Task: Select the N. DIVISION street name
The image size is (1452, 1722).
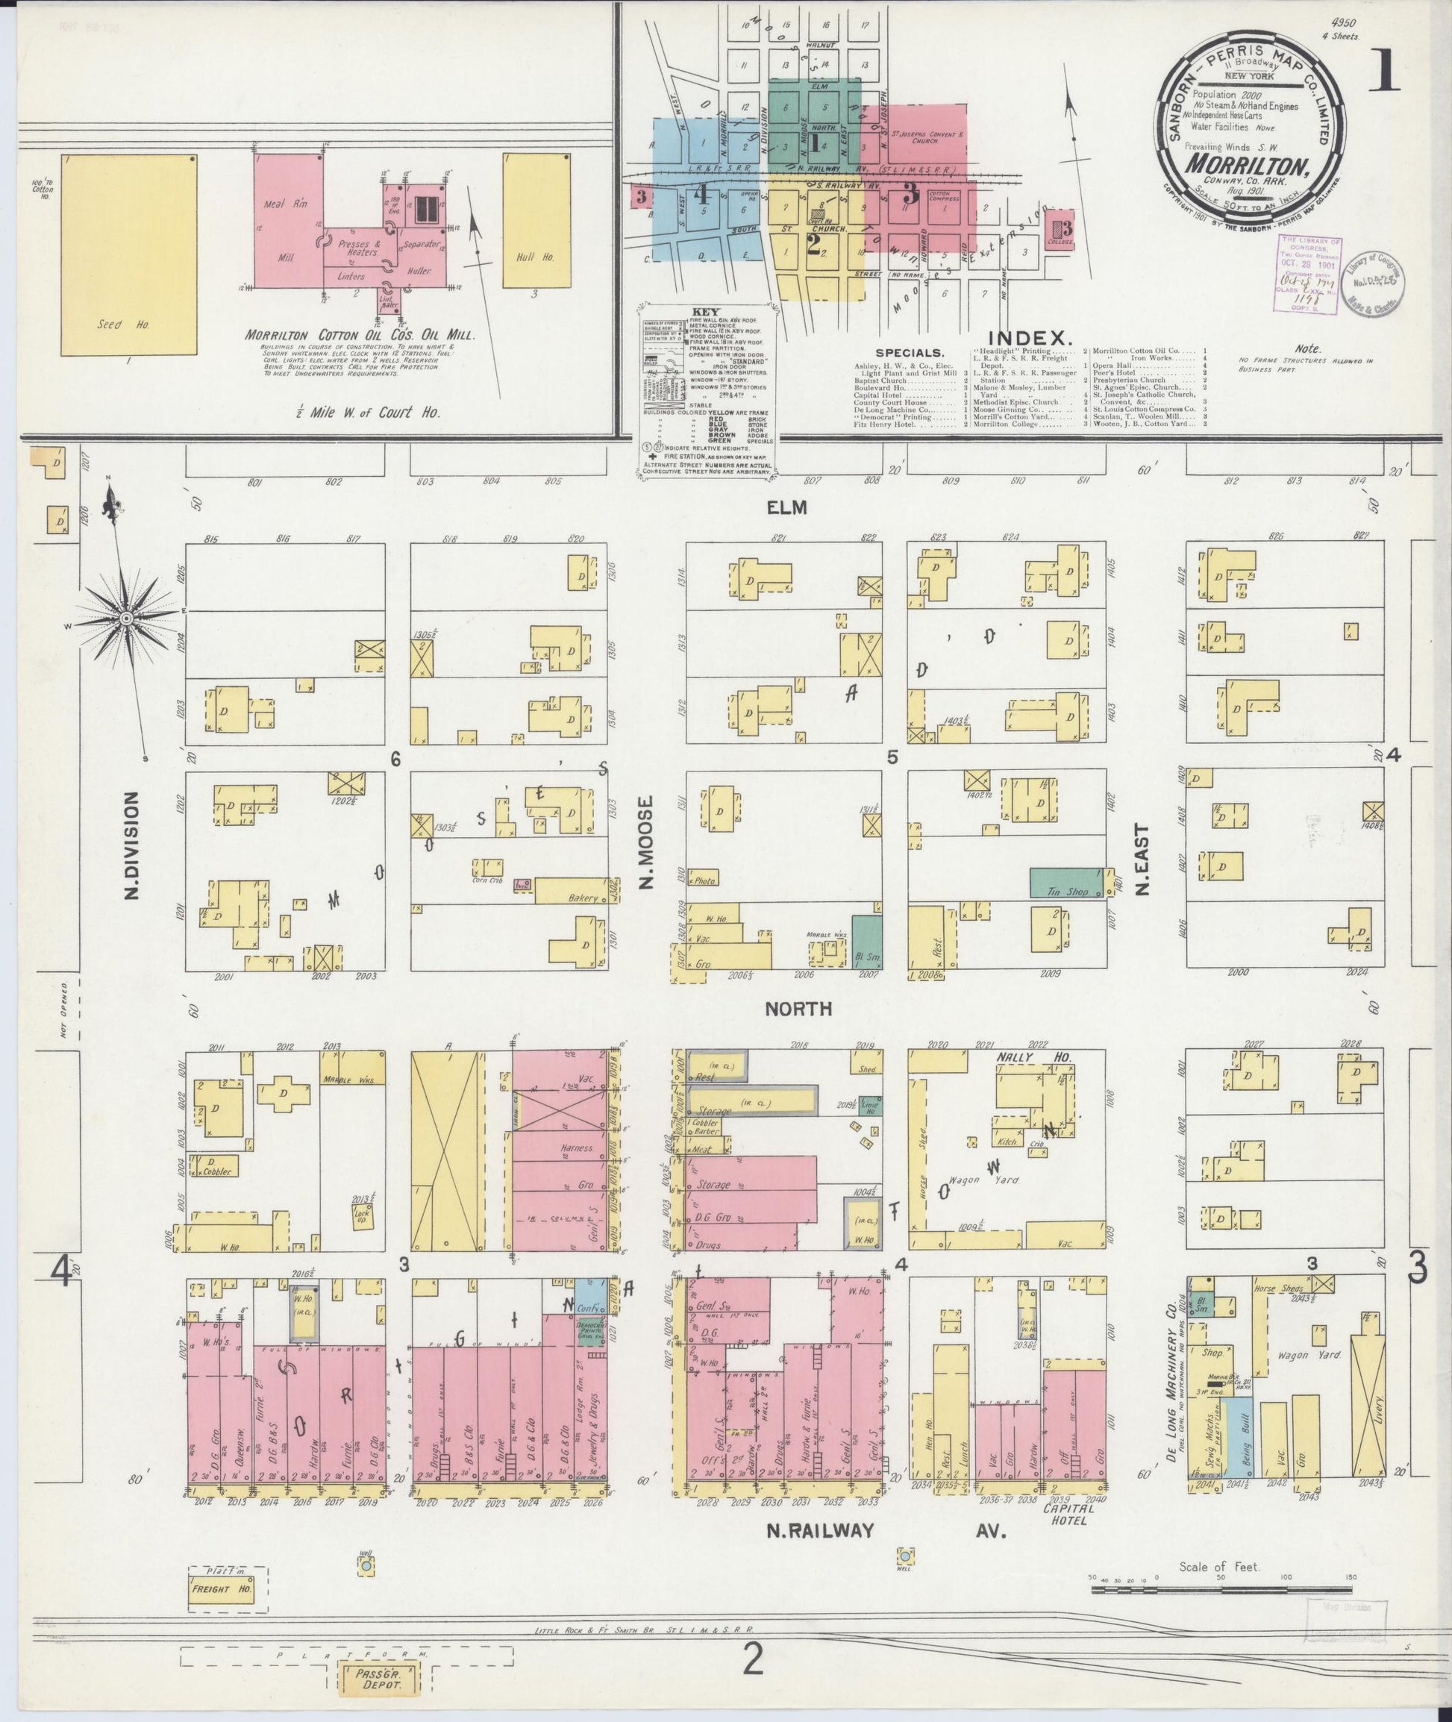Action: [x=133, y=845]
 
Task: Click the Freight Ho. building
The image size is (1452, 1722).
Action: [x=221, y=1609]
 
